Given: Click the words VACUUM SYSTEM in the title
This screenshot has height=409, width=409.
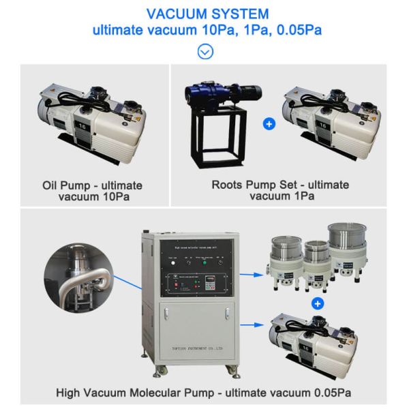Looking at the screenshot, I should (204, 14).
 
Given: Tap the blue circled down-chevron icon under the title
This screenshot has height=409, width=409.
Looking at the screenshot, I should (204, 50).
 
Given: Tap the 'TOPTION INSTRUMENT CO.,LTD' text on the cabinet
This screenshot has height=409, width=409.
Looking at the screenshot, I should (194, 347).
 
